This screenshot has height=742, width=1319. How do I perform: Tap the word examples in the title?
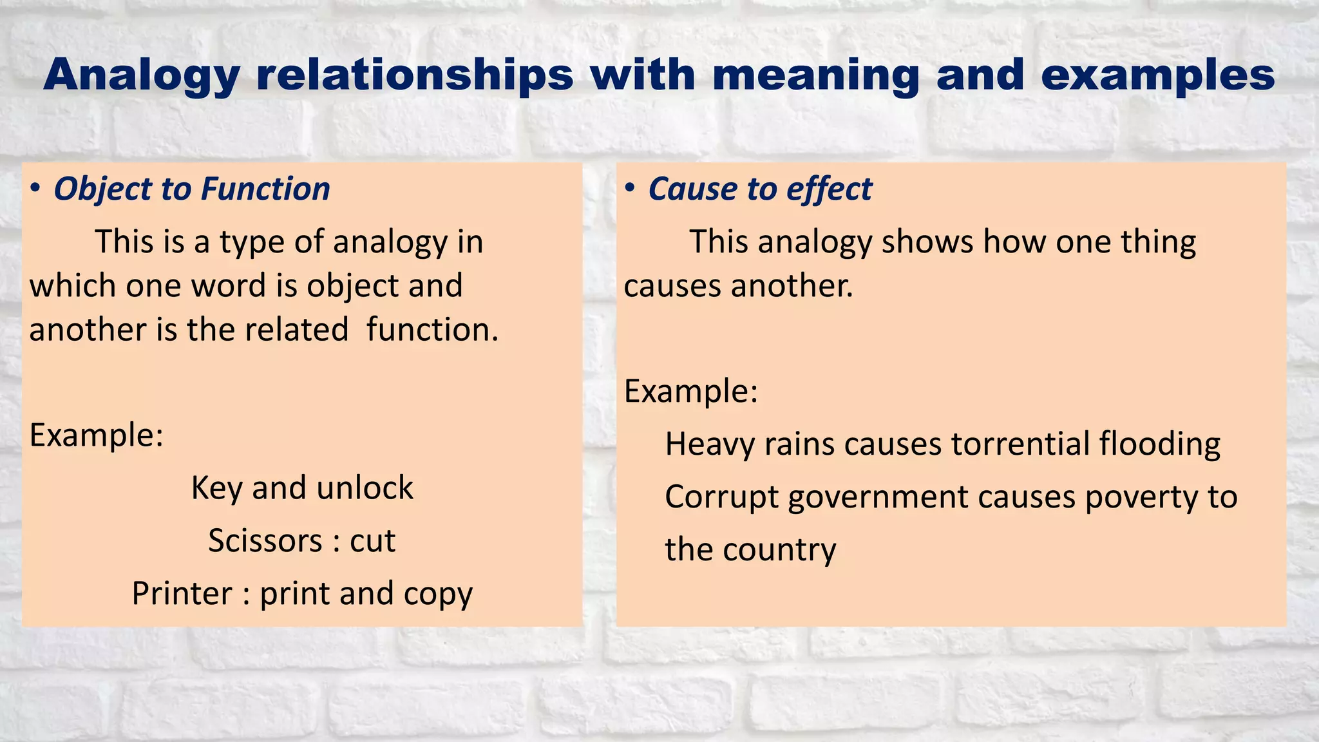1157,76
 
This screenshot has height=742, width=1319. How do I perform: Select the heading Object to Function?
192,189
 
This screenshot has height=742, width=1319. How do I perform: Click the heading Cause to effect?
760,189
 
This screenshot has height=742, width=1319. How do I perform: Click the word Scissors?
265,541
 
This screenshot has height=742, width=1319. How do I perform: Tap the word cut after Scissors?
372,541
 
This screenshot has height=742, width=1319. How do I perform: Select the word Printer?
182,594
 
